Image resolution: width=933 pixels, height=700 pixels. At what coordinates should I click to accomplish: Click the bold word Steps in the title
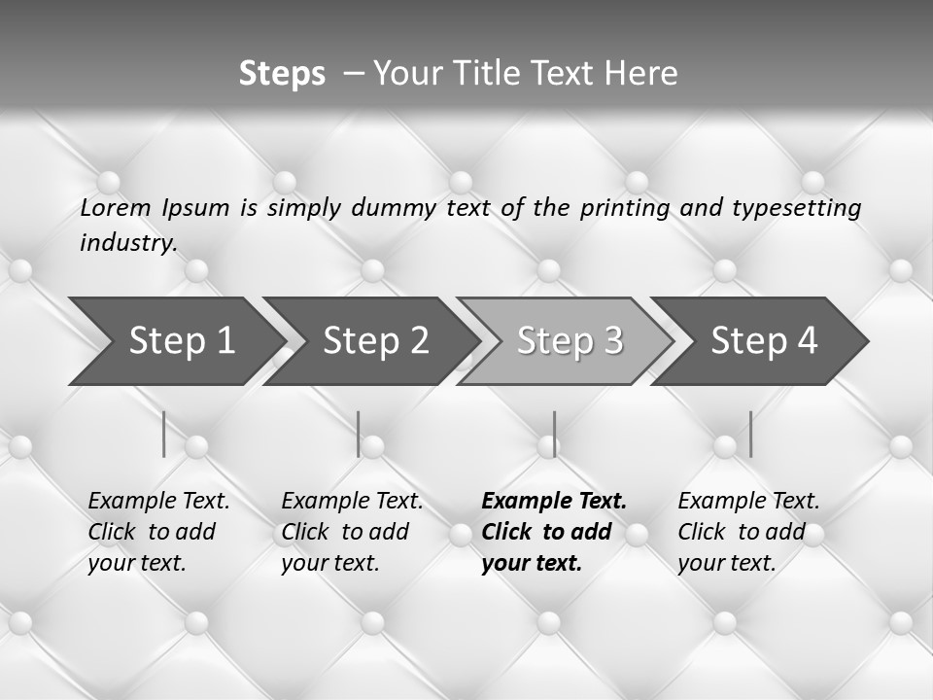click(282, 74)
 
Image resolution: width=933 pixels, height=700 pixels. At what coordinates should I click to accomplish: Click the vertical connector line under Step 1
click(164, 434)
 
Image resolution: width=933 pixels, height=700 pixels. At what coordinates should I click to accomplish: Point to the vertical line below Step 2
click(359, 434)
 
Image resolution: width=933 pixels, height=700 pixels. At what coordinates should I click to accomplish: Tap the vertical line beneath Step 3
click(554, 434)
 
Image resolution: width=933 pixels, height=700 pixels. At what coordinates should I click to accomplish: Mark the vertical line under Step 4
click(750, 434)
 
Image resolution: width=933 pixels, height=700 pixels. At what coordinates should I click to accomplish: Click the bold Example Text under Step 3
click(554, 502)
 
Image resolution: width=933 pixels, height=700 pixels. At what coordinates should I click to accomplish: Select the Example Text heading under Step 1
click(158, 502)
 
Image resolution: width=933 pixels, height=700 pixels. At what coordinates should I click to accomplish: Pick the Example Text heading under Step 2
click(352, 502)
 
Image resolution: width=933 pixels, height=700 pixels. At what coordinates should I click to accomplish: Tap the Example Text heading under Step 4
click(748, 502)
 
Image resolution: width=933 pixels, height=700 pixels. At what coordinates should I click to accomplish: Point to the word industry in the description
click(128, 243)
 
